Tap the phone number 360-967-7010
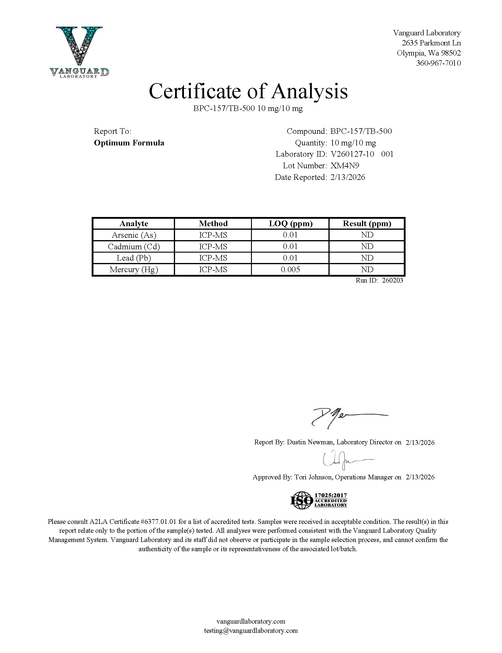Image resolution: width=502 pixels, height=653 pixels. (x=438, y=63)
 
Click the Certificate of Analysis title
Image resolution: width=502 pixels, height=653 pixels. (x=248, y=91)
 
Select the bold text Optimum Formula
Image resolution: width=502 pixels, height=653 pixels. (x=129, y=143)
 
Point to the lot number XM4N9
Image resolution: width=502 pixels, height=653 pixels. (x=344, y=166)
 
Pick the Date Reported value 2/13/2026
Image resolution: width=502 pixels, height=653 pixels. (x=347, y=177)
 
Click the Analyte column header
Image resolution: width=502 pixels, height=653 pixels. (x=134, y=224)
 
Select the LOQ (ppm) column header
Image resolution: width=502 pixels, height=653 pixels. (x=290, y=224)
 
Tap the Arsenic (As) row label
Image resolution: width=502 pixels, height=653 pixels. (x=134, y=235)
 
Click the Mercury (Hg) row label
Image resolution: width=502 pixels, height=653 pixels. (x=134, y=270)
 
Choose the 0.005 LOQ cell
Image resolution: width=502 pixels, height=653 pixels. (x=290, y=270)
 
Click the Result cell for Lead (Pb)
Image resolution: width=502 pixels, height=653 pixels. (x=367, y=258)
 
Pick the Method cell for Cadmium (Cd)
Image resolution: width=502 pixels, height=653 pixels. (x=213, y=247)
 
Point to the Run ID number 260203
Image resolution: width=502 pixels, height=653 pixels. (x=392, y=280)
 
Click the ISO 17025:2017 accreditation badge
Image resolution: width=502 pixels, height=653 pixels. (x=319, y=500)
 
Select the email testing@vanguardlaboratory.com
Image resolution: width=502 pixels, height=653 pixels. (x=251, y=630)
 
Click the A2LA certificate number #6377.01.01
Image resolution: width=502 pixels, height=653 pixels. (x=158, y=522)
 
